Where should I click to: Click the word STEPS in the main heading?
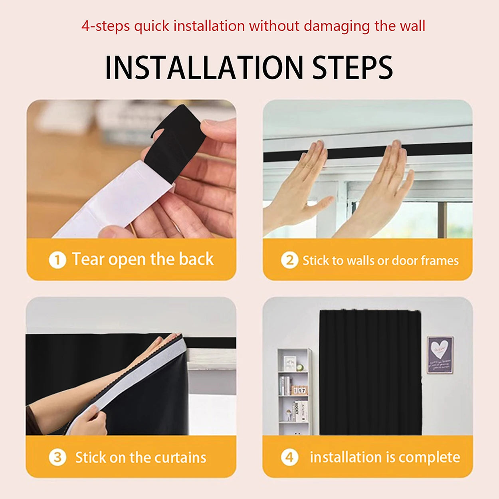(x=352, y=68)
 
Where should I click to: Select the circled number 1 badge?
(x=57, y=260)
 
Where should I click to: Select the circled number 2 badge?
(x=289, y=260)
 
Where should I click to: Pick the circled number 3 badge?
(x=57, y=457)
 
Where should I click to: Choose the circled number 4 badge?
(x=289, y=457)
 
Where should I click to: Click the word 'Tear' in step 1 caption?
(x=88, y=259)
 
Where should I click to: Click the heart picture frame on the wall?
(x=440, y=355)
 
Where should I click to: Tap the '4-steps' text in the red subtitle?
(x=105, y=26)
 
